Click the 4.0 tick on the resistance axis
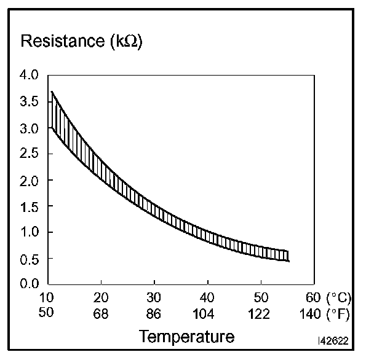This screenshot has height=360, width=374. tap(30, 75)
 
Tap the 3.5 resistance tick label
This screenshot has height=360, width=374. tap(30, 101)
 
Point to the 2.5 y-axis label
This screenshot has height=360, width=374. tap(30, 154)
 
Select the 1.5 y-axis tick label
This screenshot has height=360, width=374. tap(30, 206)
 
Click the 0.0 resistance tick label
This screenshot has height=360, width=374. tap(30, 284)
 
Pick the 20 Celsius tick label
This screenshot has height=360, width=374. tap(101, 299)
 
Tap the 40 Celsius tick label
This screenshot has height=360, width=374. tap(208, 299)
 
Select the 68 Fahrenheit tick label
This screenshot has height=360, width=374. tap(101, 313)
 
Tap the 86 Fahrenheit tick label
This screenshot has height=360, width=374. tap(154, 313)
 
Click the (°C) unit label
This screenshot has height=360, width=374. tap(339, 299)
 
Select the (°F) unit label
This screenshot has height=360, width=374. tap(339, 313)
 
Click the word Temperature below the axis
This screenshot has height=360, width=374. tap(186, 337)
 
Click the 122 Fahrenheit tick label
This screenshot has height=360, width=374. tap(260, 313)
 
